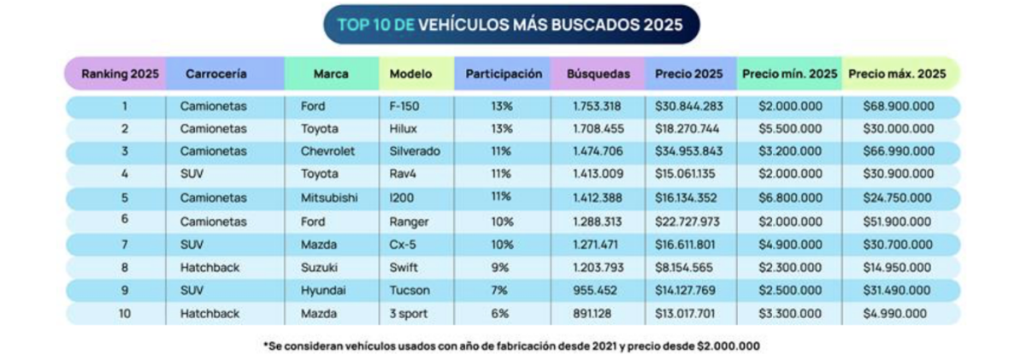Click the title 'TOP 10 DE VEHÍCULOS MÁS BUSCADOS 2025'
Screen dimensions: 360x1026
pos(510,25)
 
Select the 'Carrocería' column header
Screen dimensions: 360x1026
pos(216,74)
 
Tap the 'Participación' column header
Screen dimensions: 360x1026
pos(504,74)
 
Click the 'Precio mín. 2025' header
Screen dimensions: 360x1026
pos(789,74)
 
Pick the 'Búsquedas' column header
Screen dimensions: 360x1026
pos(598,74)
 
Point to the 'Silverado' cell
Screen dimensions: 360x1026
pos(415,150)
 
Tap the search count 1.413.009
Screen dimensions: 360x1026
pos(598,173)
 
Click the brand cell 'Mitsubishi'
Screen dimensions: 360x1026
pos(329,196)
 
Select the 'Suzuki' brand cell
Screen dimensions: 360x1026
pos(320,266)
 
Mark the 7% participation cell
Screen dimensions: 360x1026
pos(501,290)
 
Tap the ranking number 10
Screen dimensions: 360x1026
pos(124,314)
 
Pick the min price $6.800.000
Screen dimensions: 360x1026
pos(789,196)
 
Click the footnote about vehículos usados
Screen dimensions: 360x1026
pos(511,346)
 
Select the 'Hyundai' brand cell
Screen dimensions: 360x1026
pos(323,290)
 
